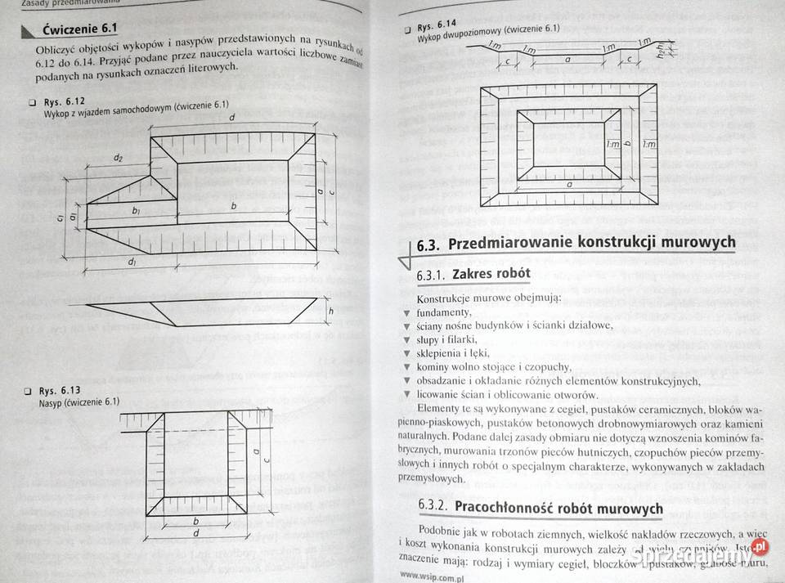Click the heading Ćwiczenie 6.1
tap(79, 31)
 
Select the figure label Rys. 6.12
tap(63, 102)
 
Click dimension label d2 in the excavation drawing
tap(119, 157)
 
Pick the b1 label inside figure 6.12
tap(136, 211)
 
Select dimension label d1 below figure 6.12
tap(132, 261)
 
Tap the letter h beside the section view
tap(330, 311)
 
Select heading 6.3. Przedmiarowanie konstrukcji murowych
tap(576, 243)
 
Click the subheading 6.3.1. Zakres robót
tap(473, 273)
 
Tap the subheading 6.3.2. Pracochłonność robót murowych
tap(540, 509)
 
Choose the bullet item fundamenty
tap(443, 312)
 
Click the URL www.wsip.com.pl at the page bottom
tap(433, 576)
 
